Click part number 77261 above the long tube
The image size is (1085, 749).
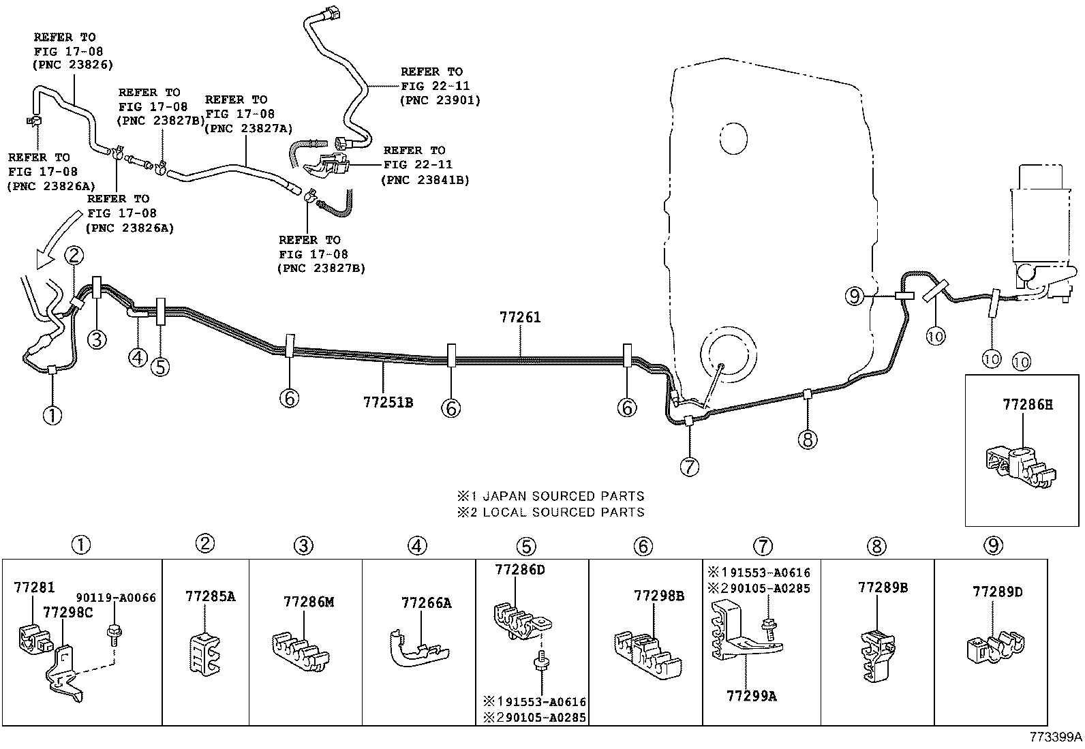(x=520, y=317)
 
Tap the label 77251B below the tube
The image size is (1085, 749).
(x=388, y=402)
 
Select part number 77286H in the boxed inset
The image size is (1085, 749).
(x=1027, y=404)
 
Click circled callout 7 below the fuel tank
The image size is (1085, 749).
(x=689, y=466)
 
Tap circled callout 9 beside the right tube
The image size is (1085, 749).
(x=854, y=296)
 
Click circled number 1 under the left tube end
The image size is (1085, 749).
(x=52, y=414)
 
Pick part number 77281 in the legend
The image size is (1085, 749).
(x=35, y=587)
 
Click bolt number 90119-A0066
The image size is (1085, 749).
(x=116, y=598)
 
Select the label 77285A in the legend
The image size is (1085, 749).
(x=211, y=596)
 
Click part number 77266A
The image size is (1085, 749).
(x=427, y=602)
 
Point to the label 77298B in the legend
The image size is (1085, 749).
(x=659, y=595)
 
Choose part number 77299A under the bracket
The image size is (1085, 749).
(x=752, y=695)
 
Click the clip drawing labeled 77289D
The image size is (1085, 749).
(x=996, y=647)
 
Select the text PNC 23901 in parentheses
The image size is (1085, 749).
(x=440, y=100)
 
